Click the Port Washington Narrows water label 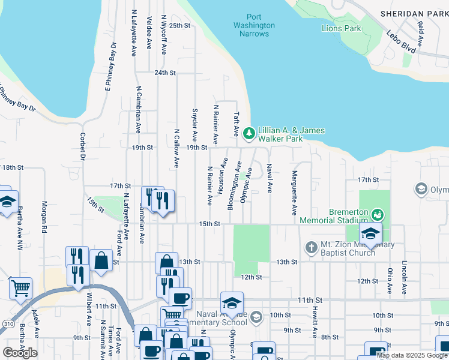click(254, 26)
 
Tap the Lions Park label click(341, 28)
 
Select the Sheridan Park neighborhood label click(414, 13)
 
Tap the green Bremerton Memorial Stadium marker click(377, 213)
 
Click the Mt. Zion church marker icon click(311, 247)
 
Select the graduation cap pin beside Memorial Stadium click(370, 233)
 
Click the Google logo click(20, 352)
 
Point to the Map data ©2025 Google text click(412, 355)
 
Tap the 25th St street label click(179, 26)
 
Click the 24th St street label click(164, 73)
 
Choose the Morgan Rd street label click(44, 216)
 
